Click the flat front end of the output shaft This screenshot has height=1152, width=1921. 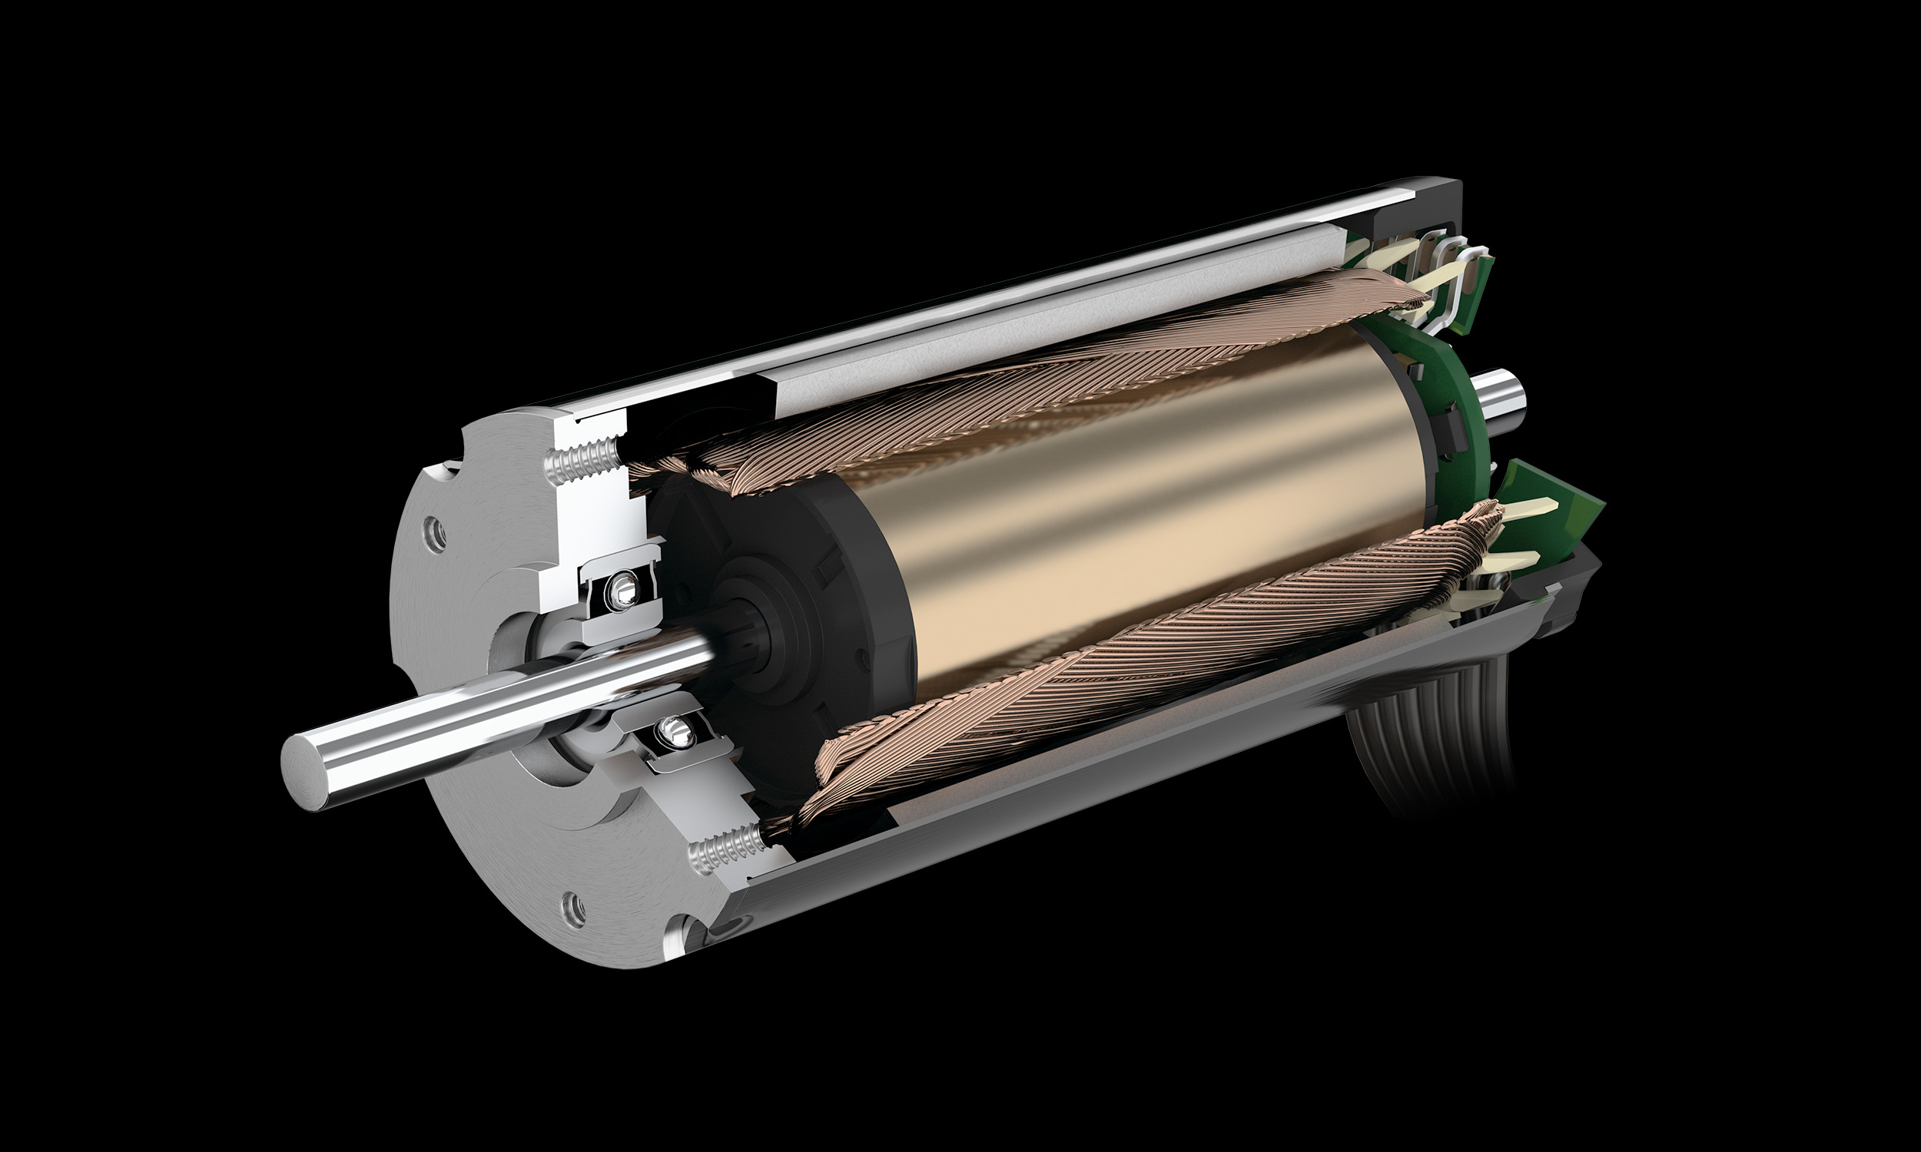309,758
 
